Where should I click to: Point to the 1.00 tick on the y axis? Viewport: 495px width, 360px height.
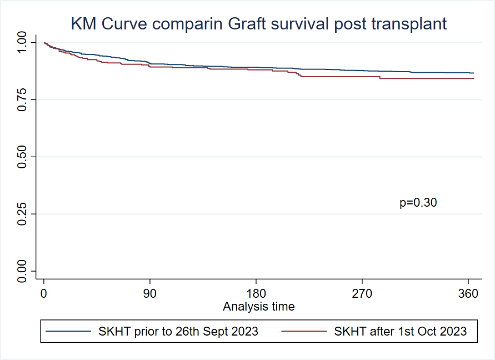(23, 42)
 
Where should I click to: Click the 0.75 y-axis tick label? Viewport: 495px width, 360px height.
(23, 99)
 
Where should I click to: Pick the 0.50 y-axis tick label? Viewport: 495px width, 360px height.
(23, 157)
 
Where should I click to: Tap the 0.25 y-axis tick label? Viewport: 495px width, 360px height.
(23, 214)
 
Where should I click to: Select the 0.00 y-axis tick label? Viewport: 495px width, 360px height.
(23, 271)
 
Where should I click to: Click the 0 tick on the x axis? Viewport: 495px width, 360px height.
(44, 294)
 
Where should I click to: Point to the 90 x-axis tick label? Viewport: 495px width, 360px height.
(150, 294)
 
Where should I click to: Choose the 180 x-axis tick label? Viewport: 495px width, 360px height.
(256, 294)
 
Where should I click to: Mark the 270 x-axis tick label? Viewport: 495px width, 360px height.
(362, 294)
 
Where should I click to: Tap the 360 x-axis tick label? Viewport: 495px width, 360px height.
(468, 294)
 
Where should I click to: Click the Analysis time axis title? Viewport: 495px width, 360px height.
(259, 306)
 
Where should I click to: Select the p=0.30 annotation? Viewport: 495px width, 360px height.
(418, 203)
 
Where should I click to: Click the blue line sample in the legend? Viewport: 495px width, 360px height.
(68, 332)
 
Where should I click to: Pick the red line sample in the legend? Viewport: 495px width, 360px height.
(303, 332)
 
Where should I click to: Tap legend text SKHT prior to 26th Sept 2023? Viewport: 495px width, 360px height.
(178, 332)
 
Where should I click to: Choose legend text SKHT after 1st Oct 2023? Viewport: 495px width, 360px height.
(400, 332)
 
